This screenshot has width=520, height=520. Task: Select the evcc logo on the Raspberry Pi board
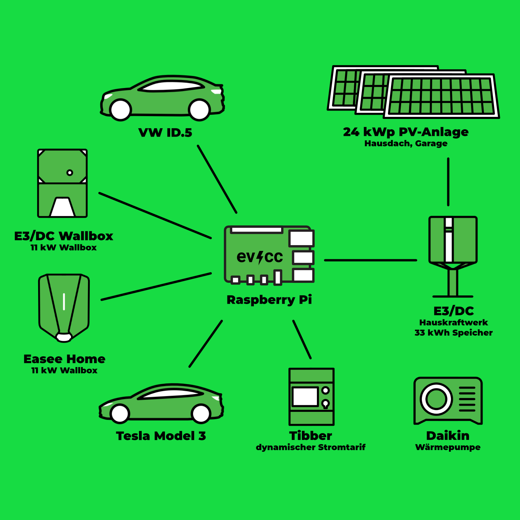[x=260, y=257]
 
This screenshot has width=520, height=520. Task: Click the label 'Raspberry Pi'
[x=269, y=300]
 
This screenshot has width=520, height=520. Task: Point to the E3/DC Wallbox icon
[x=62, y=183]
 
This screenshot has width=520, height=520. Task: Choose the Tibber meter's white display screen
[x=305, y=396]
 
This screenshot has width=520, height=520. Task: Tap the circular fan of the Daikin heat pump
[x=436, y=399]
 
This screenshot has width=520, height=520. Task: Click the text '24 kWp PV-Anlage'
[x=406, y=132]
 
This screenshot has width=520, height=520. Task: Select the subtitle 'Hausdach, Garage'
[x=406, y=144]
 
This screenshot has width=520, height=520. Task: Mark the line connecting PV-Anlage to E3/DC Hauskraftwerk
[x=448, y=182]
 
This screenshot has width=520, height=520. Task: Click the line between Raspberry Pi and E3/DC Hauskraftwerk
[x=371, y=260]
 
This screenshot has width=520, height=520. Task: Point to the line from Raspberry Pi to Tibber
[x=302, y=339]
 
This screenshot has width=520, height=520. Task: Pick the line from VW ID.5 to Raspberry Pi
[x=217, y=179]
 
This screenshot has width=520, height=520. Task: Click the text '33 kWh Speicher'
[x=453, y=333]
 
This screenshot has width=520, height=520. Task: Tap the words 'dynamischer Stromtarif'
[x=311, y=447]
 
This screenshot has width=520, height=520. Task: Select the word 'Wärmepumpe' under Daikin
[x=448, y=447]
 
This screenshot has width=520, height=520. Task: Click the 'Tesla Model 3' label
[x=161, y=436]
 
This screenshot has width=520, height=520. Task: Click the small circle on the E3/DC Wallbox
[x=70, y=173]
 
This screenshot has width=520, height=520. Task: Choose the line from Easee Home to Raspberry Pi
[x=156, y=286]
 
